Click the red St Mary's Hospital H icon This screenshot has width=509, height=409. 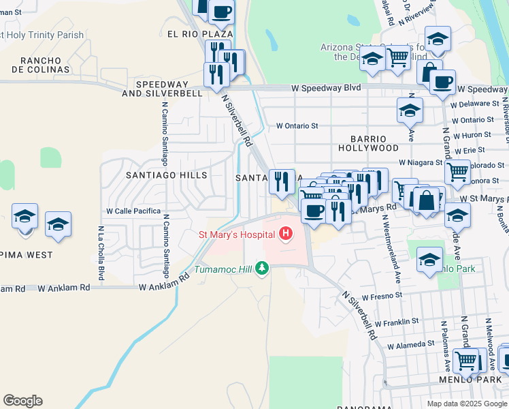(x=286, y=235)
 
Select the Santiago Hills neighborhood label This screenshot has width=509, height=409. (x=166, y=175)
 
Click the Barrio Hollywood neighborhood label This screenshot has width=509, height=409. (x=369, y=143)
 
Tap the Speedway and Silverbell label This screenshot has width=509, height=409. (x=169, y=89)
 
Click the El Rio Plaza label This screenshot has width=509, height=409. (x=199, y=33)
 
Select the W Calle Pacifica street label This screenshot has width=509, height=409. (x=133, y=211)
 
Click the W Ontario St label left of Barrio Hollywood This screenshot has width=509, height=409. (x=297, y=126)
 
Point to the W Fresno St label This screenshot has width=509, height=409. (x=382, y=298)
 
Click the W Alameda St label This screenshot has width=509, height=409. (x=410, y=345)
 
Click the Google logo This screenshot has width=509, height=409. (x=22, y=401)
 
